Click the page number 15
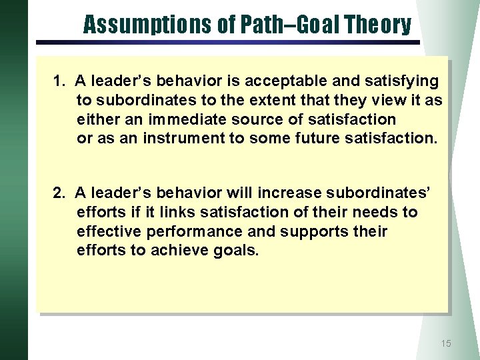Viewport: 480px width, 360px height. point(446,343)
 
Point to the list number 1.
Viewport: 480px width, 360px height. point(59,81)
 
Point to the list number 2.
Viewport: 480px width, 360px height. point(59,193)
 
